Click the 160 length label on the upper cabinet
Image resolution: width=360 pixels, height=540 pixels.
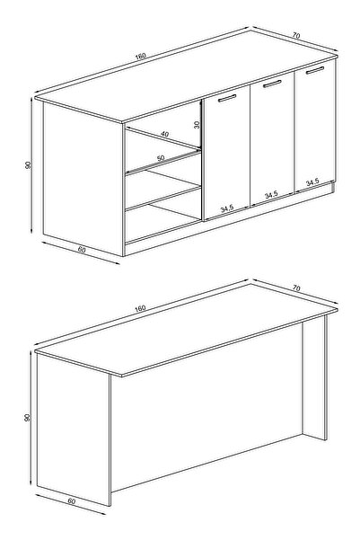coord(140,56)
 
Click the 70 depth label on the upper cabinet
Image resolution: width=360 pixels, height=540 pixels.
coord(296,35)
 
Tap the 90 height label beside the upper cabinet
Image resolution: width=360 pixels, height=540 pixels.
coord(28,165)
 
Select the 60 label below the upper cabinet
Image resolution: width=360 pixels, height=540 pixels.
coord(82,250)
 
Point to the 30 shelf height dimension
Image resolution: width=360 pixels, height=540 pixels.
coord(197,124)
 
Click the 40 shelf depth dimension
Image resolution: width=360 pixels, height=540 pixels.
coord(165,134)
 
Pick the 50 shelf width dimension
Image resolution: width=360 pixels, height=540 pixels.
coord(161,158)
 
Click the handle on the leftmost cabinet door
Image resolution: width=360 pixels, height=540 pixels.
coord(227,98)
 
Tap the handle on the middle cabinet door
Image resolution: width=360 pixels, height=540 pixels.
coord(272,84)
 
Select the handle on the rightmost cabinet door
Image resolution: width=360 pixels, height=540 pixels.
coord(315,70)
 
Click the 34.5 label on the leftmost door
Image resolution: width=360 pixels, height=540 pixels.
coord(227,208)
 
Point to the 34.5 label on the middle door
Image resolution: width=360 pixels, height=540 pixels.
coord(271,195)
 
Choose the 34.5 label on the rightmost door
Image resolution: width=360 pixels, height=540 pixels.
coord(312,181)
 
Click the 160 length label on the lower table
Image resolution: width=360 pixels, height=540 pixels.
coord(140,308)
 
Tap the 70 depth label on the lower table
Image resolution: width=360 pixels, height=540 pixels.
coord(296,288)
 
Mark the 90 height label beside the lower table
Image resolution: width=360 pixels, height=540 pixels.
coord(28,418)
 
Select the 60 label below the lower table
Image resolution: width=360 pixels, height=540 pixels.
coord(71,501)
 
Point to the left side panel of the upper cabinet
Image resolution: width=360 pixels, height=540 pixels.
coord(83,179)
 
